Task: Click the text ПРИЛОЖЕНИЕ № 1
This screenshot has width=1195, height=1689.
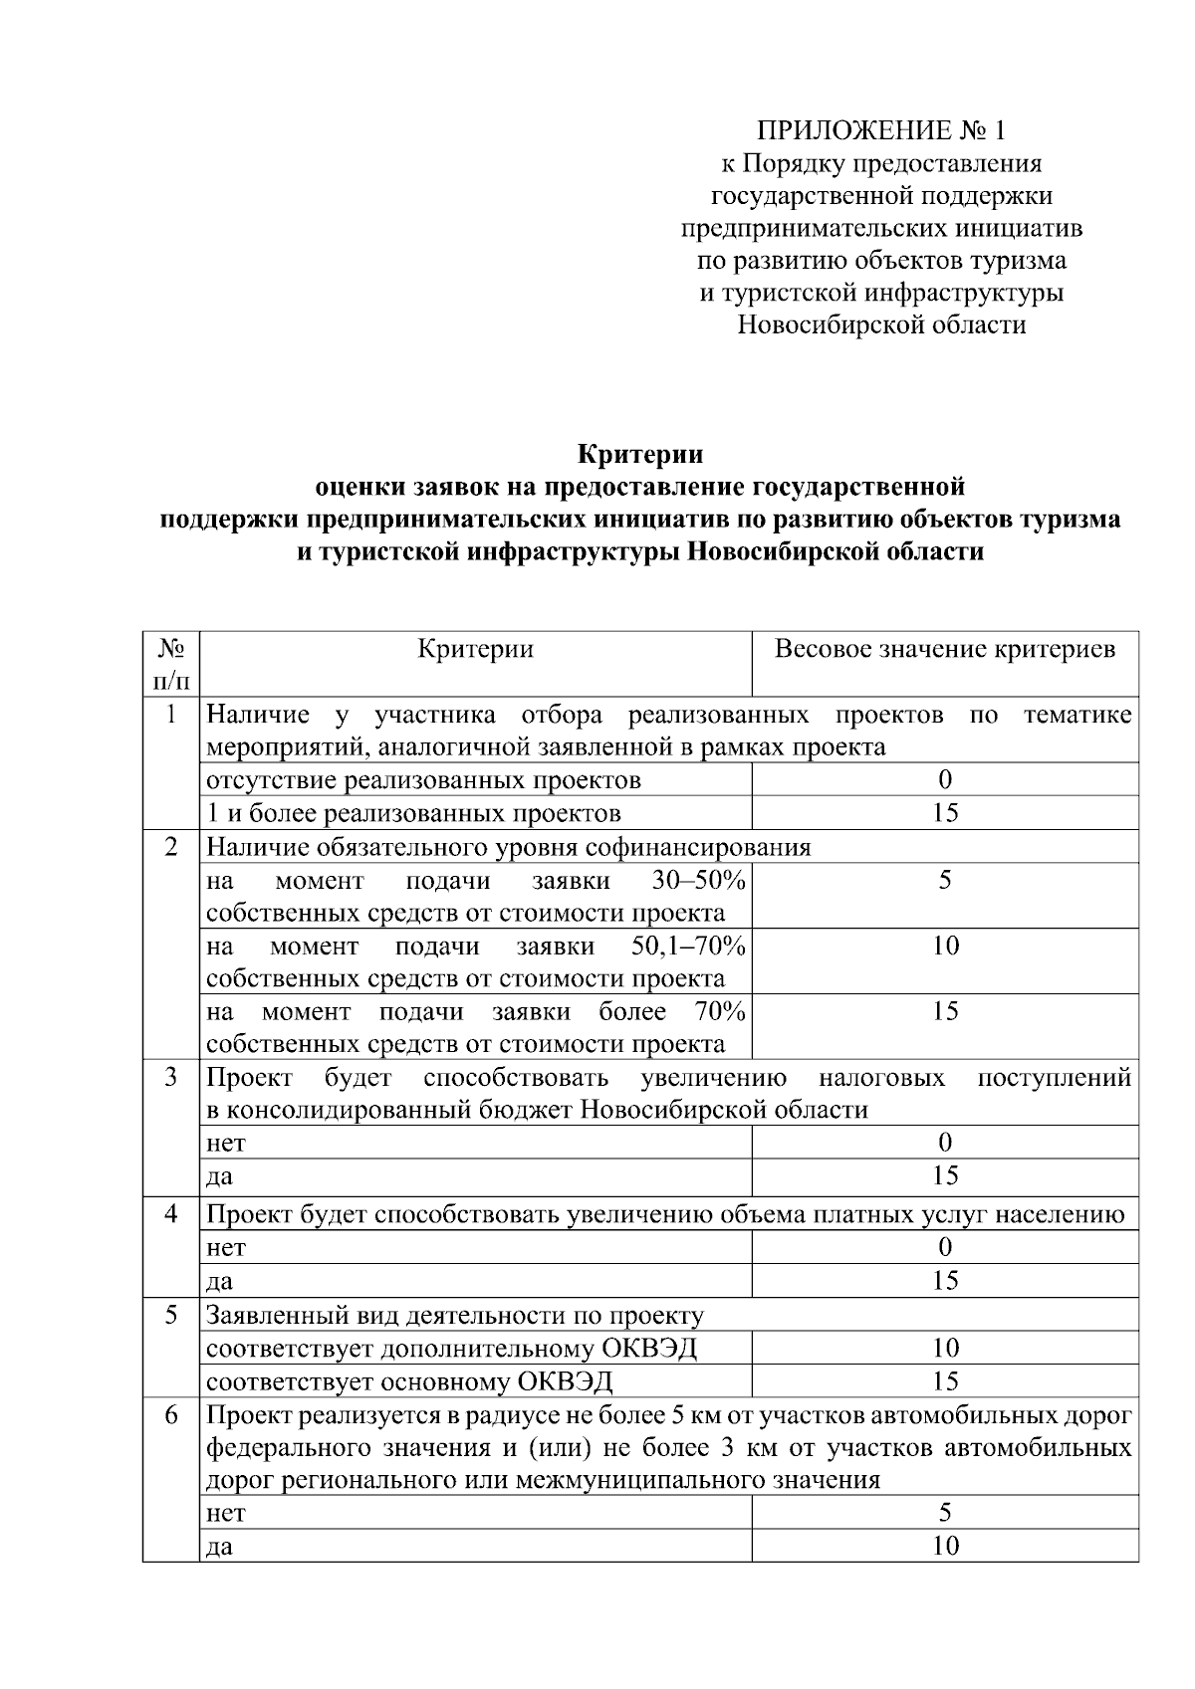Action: (x=881, y=130)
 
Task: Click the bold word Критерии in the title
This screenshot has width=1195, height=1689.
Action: (x=641, y=455)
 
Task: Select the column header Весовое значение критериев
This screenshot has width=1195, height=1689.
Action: (x=945, y=650)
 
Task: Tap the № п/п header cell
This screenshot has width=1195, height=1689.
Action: (x=171, y=664)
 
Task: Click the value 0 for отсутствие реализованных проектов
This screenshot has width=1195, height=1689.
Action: (x=945, y=779)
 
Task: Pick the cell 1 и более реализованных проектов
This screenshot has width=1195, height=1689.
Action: (x=413, y=813)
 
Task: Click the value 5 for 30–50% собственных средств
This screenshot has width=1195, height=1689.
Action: (x=945, y=880)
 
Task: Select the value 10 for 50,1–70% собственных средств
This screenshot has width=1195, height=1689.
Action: (x=945, y=946)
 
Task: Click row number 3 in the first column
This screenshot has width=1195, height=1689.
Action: (x=171, y=1077)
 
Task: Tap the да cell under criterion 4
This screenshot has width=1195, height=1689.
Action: (x=219, y=1281)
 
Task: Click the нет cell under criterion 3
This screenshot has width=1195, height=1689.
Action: (x=225, y=1143)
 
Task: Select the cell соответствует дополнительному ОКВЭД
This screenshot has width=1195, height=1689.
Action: (x=451, y=1349)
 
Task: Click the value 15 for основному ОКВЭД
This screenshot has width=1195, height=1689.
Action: (x=945, y=1381)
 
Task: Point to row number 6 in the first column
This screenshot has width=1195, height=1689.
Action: (x=171, y=1414)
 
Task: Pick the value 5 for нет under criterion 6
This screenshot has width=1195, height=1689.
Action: (x=945, y=1513)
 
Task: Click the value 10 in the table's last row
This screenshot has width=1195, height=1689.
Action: (x=945, y=1546)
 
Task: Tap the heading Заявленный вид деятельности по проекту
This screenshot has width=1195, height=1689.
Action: (x=455, y=1315)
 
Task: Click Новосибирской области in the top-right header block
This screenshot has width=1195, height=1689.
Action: (x=881, y=324)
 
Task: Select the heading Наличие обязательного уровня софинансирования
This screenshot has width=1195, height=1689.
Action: (x=508, y=847)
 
